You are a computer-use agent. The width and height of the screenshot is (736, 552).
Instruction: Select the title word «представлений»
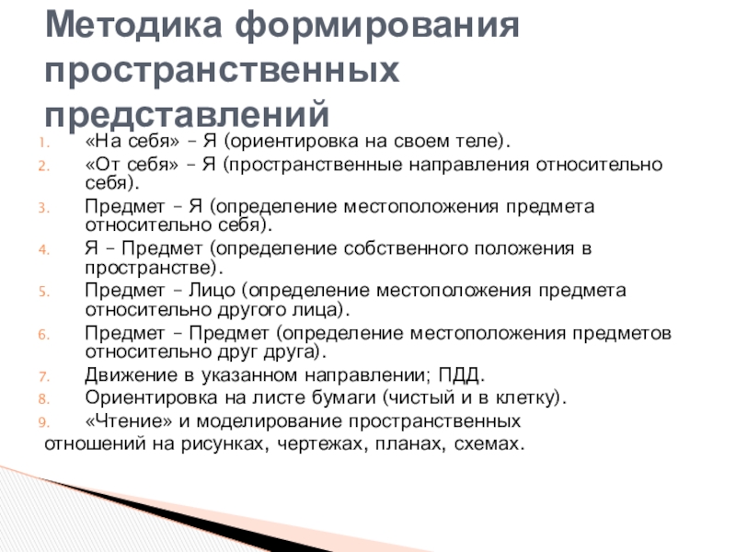(x=188, y=113)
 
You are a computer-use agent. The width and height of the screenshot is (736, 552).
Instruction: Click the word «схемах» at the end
(x=487, y=445)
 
